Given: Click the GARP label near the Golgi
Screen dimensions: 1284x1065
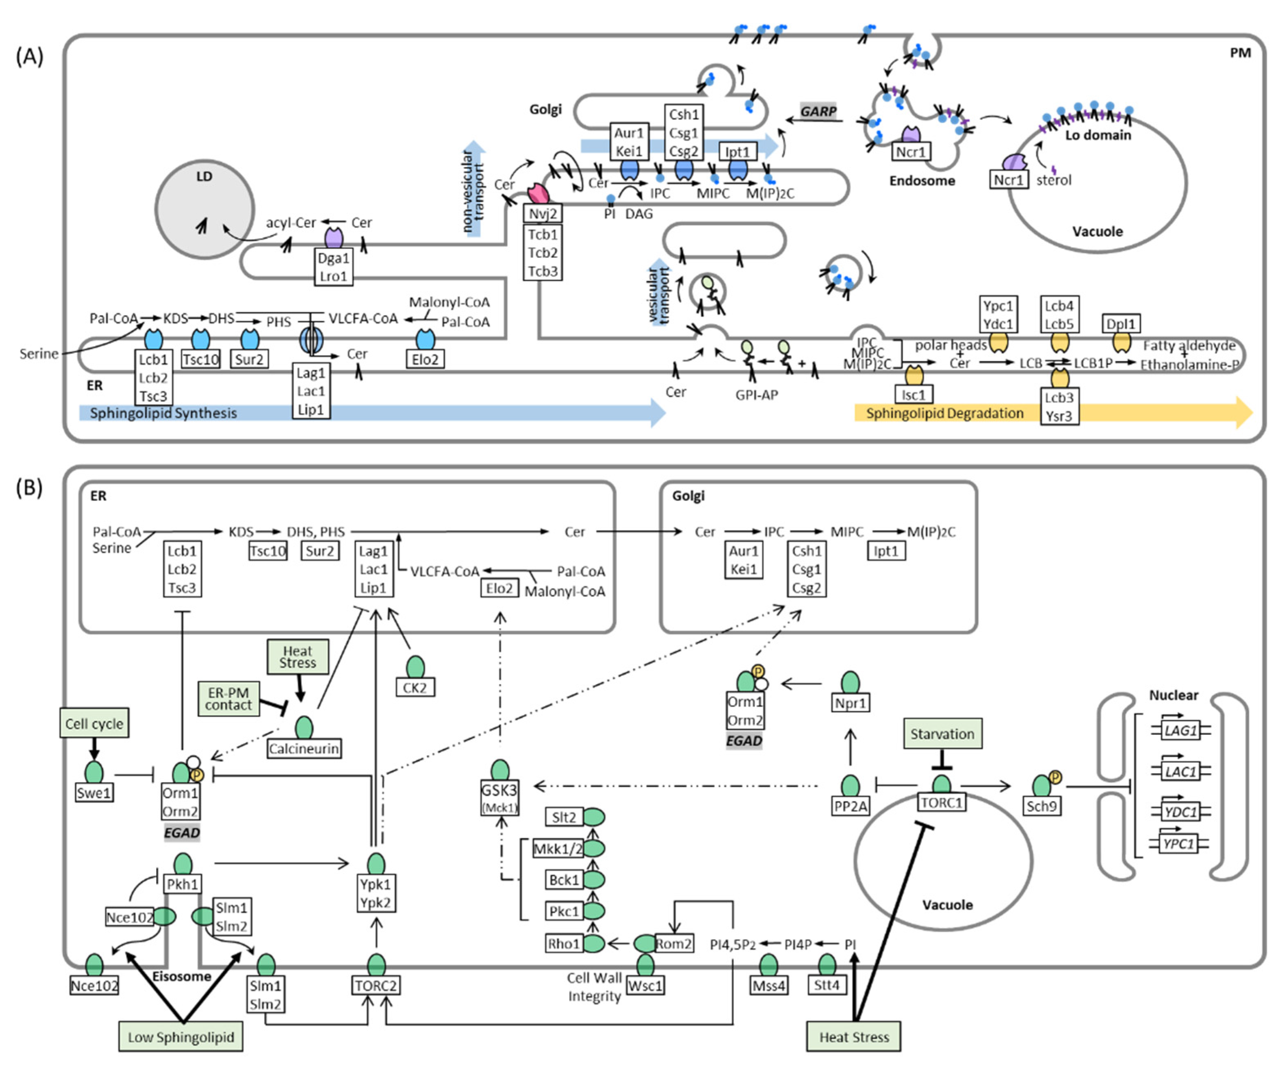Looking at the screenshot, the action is click(x=818, y=111).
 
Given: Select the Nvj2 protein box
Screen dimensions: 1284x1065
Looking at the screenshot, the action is click(x=543, y=213).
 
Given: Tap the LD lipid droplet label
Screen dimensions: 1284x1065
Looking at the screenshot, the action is click(x=204, y=177).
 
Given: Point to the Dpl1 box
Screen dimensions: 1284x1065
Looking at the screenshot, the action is click(x=1121, y=323).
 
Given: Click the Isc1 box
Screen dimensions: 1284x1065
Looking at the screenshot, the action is click(x=914, y=394).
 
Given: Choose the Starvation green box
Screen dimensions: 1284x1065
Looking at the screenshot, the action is click(x=942, y=734).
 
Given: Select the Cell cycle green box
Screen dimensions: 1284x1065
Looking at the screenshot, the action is click(x=94, y=723).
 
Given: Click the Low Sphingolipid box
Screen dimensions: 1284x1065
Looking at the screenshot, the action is click(x=181, y=1037).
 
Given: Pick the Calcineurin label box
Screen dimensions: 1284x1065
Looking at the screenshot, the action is click(x=304, y=748).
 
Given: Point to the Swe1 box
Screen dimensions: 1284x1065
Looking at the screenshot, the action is click(x=94, y=793).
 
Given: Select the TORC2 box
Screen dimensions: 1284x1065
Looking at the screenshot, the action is click(x=376, y=986).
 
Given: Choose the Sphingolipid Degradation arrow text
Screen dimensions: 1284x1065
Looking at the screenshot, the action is click(x=945, y=413).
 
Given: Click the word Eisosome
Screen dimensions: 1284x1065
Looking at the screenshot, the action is click(x=182, y=976).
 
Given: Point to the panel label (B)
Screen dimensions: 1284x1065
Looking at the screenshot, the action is click(x=29, y=488).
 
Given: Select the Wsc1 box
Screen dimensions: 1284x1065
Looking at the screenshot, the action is click(x=645, y=986).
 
